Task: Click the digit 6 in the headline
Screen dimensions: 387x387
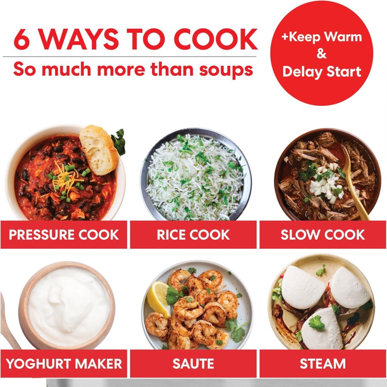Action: (x=22, y=39)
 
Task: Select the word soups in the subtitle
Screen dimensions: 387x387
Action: (x=226, y=70)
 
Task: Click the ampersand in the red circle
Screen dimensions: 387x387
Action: (x=322, y=54)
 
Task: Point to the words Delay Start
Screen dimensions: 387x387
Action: (x=322, y=71)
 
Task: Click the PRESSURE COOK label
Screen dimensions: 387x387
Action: (x=63, y=235)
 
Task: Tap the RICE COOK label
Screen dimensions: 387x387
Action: (x=193, y=235)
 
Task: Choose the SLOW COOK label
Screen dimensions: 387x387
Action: (x=323, y=235)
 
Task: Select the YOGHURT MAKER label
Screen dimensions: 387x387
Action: (x=63, y=364)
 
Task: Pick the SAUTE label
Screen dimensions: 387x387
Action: (x=193, y=364)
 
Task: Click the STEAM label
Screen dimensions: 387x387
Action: (x=323, y=364)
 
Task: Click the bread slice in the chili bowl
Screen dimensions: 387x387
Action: (x=99, y=150)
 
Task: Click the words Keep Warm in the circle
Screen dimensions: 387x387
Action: (x=322, y=37)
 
